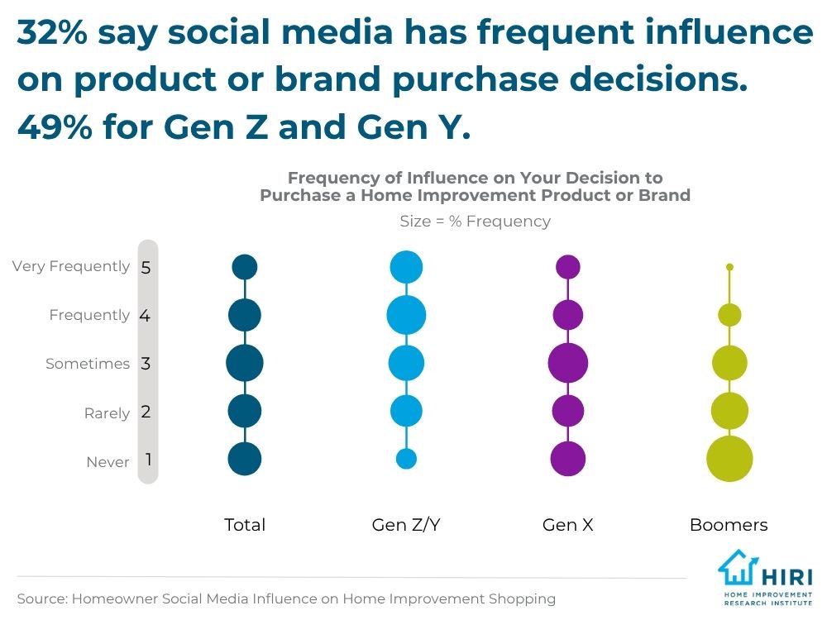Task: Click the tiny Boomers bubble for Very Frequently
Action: tap(729, 267)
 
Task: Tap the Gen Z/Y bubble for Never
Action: tap(406, 459)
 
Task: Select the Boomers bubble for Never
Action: tap(729, 459)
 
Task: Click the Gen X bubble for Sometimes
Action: tap(568, 363)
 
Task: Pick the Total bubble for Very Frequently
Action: tap(245, 267)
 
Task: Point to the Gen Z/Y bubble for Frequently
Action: tap(406, 315)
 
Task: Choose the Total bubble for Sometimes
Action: tap(245, 363)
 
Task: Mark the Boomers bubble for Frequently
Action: tap(729, 315)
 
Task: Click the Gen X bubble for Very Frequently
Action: tap(568, 267)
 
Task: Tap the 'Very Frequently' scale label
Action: tap(71, 266)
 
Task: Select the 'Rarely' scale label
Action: tap(107, 413)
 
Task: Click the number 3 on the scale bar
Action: tap(146, 363)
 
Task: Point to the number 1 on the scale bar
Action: tap(148, 459)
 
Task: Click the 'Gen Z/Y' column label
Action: tap(406, 525)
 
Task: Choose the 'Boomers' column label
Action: tap(729, 525)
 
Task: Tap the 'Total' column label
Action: tap(245, 525)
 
